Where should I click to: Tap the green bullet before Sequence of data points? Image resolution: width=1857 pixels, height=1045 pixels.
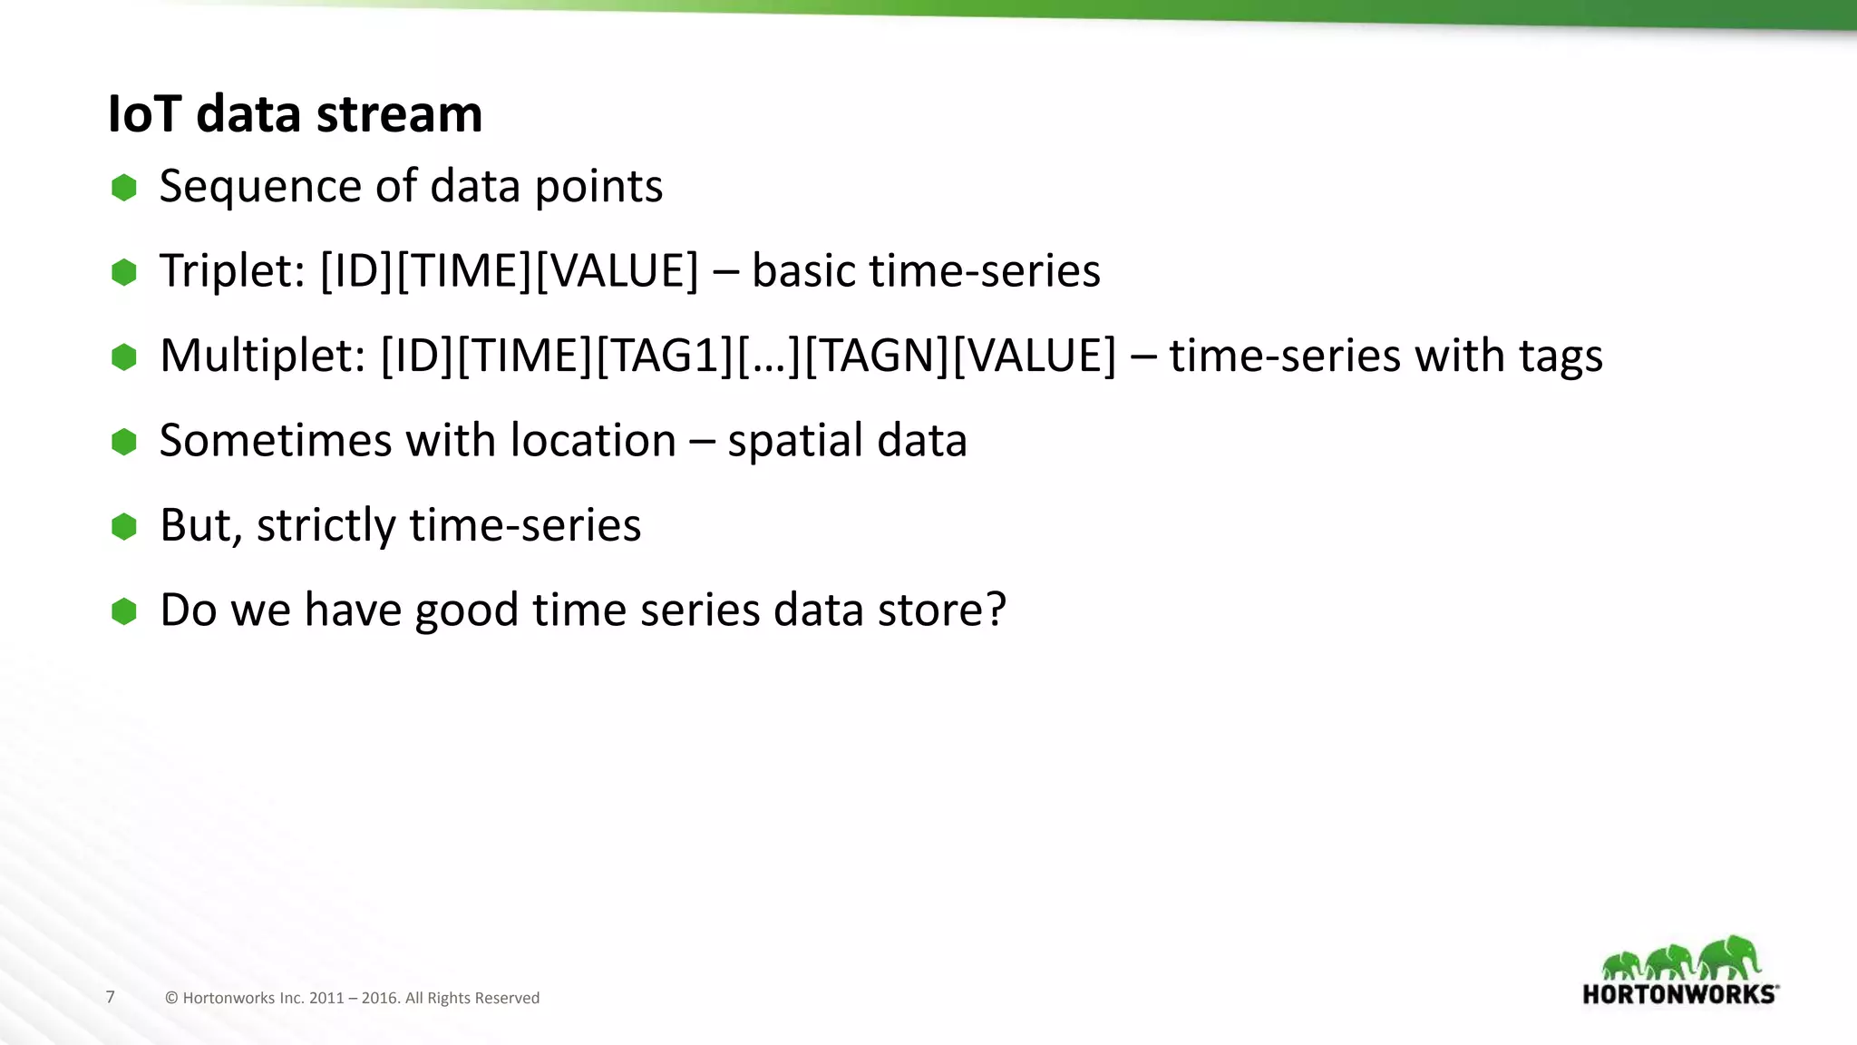coord(124,188)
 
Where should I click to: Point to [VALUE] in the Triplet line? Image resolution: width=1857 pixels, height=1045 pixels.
coord(617,271)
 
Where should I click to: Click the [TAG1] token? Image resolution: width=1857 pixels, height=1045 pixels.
coord(664,356)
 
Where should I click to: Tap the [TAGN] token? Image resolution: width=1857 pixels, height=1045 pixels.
coord(876,356)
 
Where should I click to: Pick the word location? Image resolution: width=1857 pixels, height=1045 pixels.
coord(593,441)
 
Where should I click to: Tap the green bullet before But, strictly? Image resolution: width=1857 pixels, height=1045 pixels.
coord(124,526)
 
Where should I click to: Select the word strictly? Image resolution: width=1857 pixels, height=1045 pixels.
coord(326,526)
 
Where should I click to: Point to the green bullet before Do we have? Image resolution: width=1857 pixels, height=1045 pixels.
coord(124,610)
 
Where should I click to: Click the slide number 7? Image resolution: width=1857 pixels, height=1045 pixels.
coord(111,997)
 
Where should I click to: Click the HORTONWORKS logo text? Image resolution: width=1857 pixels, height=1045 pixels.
coord(1678,994)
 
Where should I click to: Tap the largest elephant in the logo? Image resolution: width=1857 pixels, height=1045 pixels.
coord(1730,957)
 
